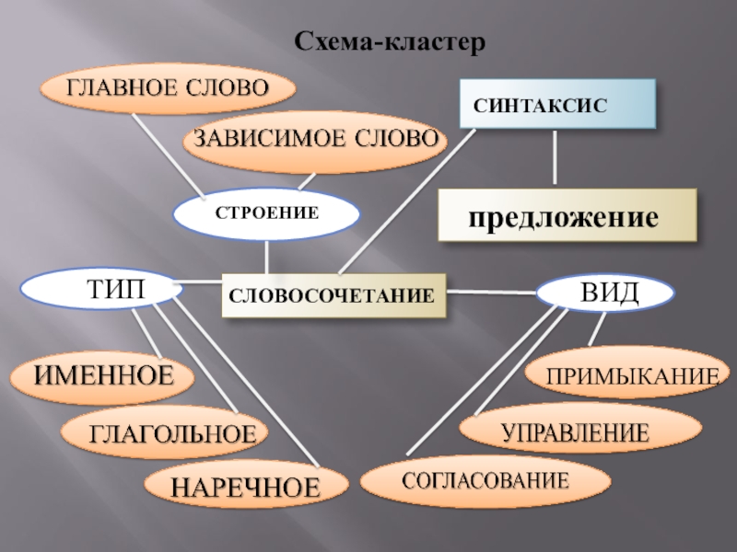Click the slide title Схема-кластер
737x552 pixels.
(x=387, y=42)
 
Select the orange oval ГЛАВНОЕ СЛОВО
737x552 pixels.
(x=166, y=87)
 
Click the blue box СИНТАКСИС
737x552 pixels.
(x=557, y=102)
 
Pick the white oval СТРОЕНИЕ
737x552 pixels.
(x=266, y=213)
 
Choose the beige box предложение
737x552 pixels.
(x=566, y=217)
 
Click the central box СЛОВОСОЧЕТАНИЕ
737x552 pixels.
(x=332, y=296)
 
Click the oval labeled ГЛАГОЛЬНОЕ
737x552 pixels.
(x=166, y=431)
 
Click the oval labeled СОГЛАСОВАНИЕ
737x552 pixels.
(x=484, y=480)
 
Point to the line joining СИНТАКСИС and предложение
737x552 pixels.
(x=555, y=156)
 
